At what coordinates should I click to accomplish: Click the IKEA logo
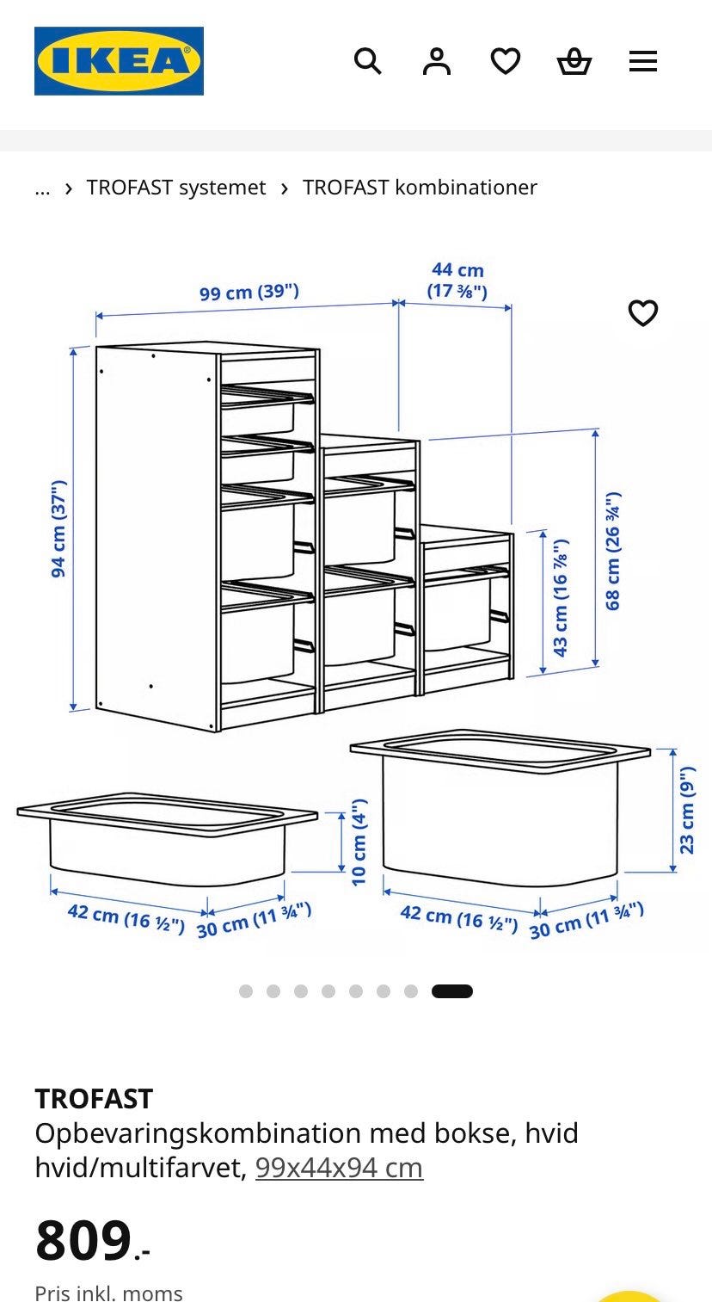click(119, 61)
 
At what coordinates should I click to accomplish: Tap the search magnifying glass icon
click(368, 61)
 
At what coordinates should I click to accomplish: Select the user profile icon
click(437, 61)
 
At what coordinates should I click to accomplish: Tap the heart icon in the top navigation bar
click(506, 61)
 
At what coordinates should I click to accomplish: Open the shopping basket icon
click(574, 62)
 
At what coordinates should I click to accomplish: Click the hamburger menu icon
click(643, 61)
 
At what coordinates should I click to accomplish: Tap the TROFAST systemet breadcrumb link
click(176, 187)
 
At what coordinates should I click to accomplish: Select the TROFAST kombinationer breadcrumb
click(420, 187)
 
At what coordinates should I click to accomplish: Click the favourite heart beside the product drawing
click(643, 313)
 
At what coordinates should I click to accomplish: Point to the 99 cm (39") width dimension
click(249, 292)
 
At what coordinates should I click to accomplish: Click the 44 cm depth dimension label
click(457, 280)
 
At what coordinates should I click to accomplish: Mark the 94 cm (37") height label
click(59, 528)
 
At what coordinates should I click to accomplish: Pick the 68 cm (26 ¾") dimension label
click(613, 551)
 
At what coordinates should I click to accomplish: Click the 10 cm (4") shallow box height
click(359, 842)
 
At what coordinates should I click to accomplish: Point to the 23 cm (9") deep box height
click(686, 811)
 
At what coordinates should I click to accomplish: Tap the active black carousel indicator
click(451, 991)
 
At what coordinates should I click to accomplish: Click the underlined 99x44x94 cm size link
click(339, 1167)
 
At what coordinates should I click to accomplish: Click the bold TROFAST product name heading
click(94, 1099)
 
